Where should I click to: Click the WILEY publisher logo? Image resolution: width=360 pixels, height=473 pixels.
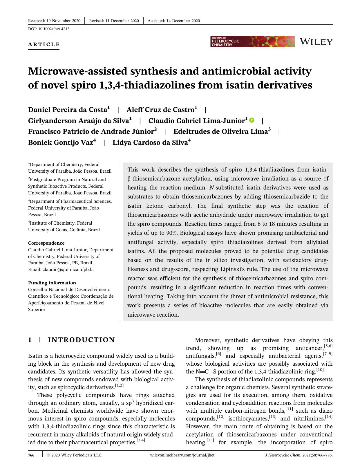[x=316, y=42]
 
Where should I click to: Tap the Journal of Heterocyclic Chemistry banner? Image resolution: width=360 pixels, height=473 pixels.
[x=252, y=41]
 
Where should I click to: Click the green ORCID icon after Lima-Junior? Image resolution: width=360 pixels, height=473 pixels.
[x=252, y=120]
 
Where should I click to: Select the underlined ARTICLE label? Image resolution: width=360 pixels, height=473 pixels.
[x=44, y=44]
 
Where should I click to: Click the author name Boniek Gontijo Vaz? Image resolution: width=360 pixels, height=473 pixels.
[x=60, y=142]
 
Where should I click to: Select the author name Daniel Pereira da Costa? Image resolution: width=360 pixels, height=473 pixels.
[x=67, y=110]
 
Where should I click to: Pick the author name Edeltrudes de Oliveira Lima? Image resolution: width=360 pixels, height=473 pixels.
[x=220, y=131]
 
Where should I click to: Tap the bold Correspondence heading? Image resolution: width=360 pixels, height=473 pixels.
[x=46, y=243]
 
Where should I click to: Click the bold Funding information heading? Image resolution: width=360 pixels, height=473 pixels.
[x=52, y=283]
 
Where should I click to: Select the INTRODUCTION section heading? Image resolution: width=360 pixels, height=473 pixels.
[x=81, y=340]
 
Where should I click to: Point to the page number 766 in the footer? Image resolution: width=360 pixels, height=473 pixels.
[x=31, y=455]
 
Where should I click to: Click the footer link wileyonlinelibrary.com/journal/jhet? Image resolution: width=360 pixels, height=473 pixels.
[x=182, y=455]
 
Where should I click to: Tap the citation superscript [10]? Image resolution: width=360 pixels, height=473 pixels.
[x=320, y=370]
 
